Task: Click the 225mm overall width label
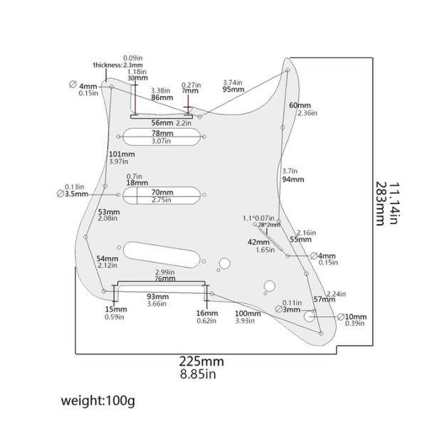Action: [201, 361]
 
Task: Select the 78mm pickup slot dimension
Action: [162, 133]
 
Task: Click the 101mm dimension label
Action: [122, 154]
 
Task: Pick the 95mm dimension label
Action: [233, 90]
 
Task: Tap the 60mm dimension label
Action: [300, 105]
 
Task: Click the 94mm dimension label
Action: [292, 180]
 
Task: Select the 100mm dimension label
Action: [248, 313]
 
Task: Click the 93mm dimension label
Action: [157, 296]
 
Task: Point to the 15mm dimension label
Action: [116, 310]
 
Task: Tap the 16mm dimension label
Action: [206, 313]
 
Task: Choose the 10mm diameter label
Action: [356, 317]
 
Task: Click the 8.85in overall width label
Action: [199, 374]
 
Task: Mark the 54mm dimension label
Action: [107, 258]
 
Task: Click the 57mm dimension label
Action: [324, 300]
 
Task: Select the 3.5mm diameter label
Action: [75, 193]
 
